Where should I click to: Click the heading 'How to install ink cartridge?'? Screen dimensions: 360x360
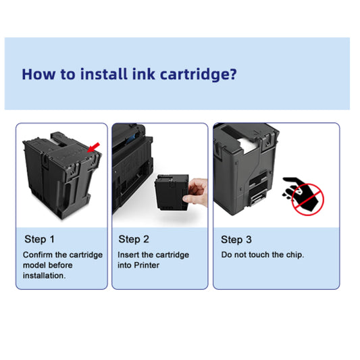tap(129, 74)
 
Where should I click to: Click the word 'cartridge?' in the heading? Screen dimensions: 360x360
tap(202, 74)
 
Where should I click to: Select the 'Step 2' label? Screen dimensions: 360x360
tap(134, 239)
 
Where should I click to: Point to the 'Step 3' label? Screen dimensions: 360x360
tap(236, 239)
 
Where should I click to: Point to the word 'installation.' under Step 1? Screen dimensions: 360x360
tap(45, 276)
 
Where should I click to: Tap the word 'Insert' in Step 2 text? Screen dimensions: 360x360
tap(129, 255)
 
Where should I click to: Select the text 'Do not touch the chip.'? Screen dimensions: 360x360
tap(263, 255)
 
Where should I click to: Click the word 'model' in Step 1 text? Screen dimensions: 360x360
tap(35, 265)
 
